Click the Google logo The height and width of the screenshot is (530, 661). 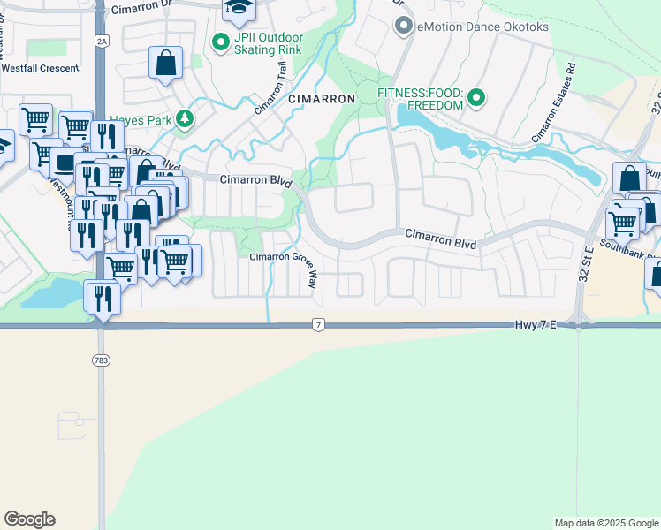(29, 519)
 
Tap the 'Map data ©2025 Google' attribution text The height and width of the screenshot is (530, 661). (606, 523)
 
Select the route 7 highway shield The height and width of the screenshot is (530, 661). (317, 326)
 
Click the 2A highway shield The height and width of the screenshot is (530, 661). (102, 41)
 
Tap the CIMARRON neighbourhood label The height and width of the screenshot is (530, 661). (322, 100)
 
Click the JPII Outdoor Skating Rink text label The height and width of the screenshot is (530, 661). (269, 43)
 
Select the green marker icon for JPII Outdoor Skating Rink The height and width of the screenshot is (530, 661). (218, 42)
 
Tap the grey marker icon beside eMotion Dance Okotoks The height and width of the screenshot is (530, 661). (404, 26)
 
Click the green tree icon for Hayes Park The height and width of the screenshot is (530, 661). (184, 118)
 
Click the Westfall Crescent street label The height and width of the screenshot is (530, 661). (39, 66)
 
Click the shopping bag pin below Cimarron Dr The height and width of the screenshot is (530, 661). (165, 64)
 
